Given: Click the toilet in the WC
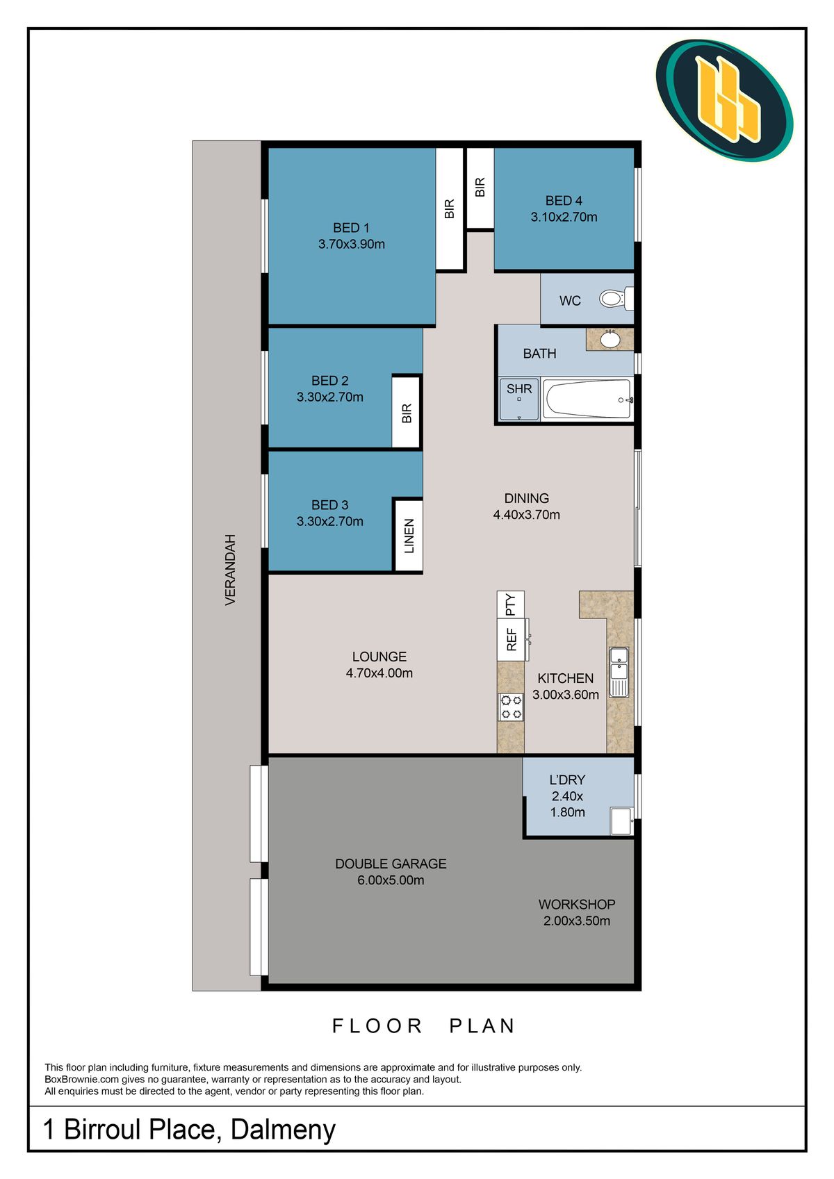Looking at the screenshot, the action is point(616,299).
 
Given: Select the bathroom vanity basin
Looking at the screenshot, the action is point(610,339).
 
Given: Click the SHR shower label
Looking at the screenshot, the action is point(518,389).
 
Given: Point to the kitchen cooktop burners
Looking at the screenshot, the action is point(511,707).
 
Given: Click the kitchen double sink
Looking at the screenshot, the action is point(619,672).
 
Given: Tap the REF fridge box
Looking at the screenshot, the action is point(512,639).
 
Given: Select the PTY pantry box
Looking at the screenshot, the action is point(510,604).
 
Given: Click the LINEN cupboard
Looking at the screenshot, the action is point(409,535).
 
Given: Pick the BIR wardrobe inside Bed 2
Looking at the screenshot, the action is point(406,412).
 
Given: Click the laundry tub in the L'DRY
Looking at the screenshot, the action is point(621,821).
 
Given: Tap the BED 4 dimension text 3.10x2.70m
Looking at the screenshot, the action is point(564,217).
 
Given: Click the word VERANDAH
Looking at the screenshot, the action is point(230,570).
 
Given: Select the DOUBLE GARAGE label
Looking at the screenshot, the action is point(391,864).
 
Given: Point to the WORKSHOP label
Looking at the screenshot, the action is point(577,905).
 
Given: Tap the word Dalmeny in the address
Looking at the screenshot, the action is point(283,1130).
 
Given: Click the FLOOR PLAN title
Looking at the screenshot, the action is point(424,1026).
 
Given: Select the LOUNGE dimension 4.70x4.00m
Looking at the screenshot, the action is point(379,673).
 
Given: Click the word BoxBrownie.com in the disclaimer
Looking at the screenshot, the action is point(81,1080).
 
